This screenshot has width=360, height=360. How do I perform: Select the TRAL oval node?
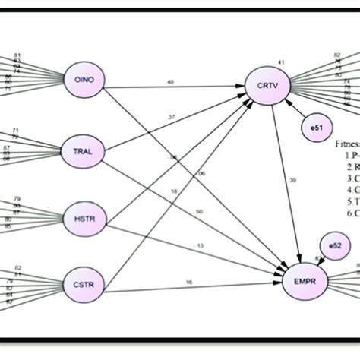pos(83,151)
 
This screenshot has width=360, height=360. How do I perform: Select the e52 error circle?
pos(332,245)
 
